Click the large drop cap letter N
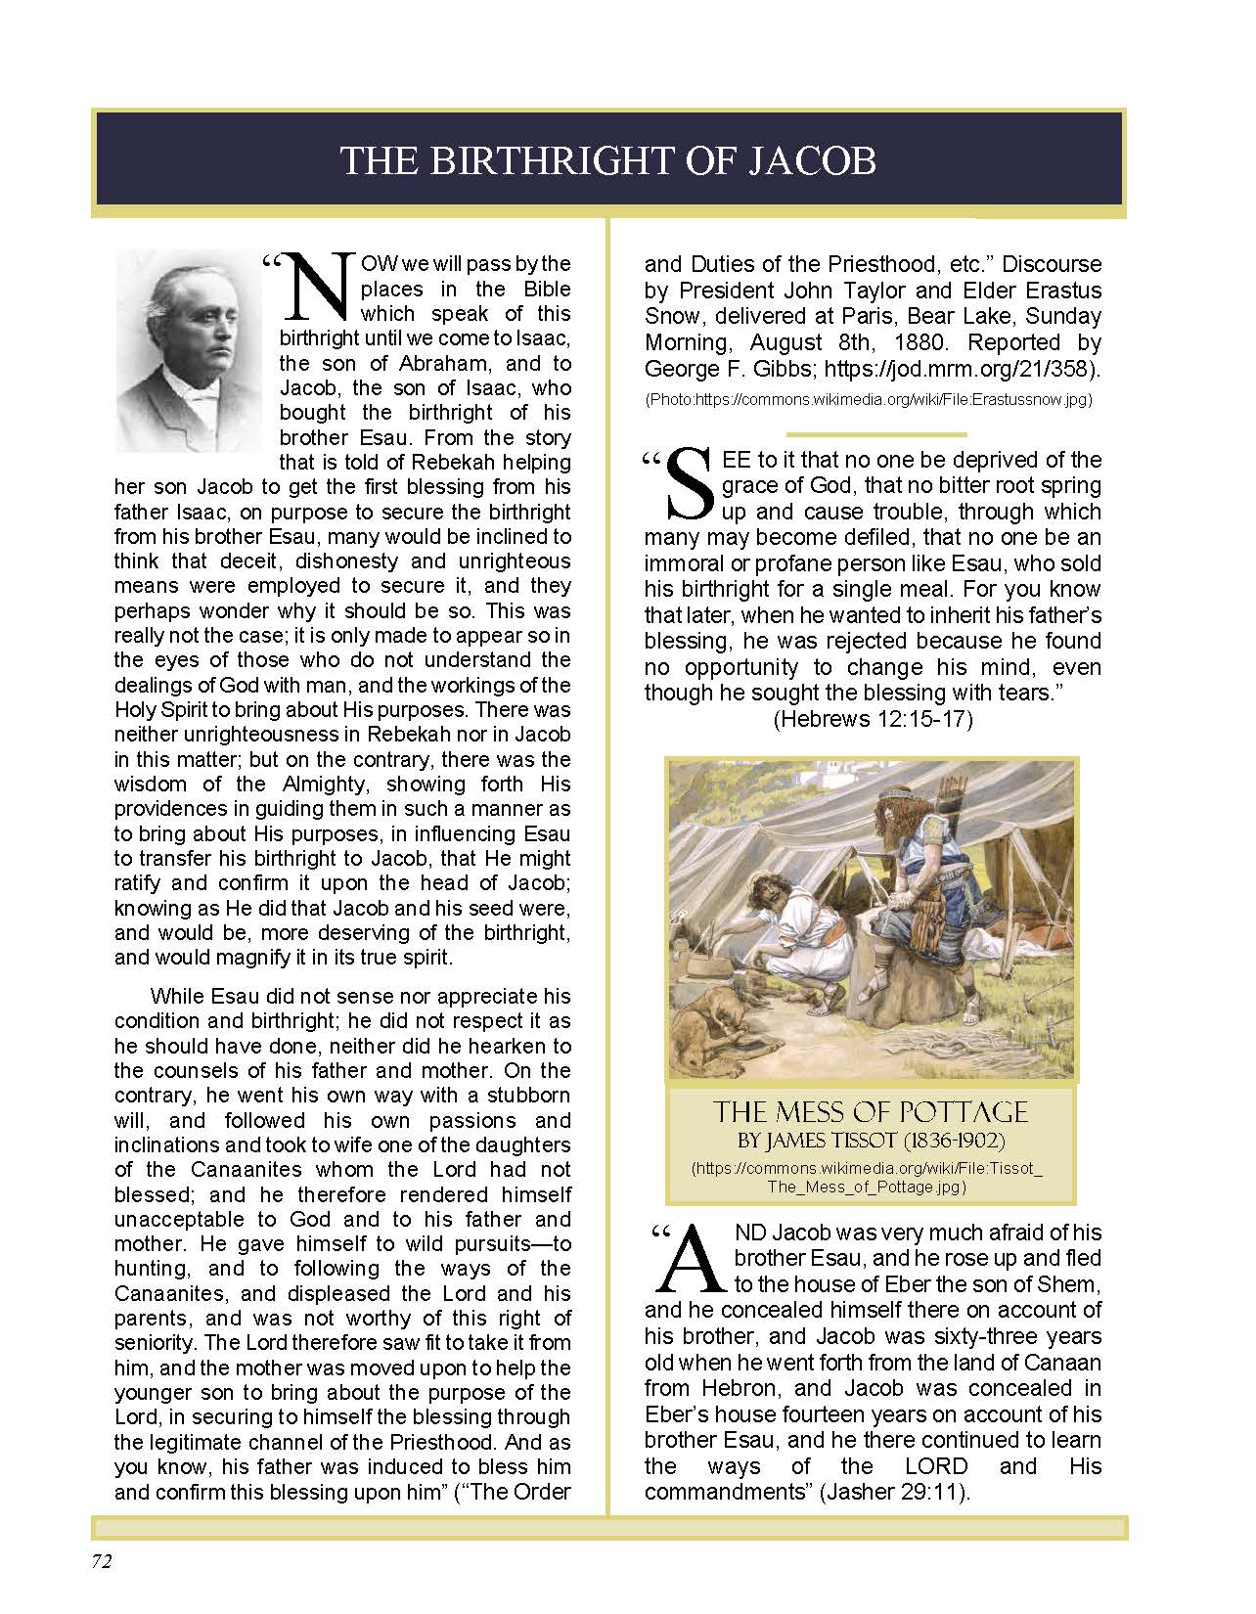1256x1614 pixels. pos(315,290)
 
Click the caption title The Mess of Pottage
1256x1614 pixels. pos(870,1112)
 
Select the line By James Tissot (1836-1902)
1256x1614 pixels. pos(870,1141)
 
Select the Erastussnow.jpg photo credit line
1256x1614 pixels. pos(868,400)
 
